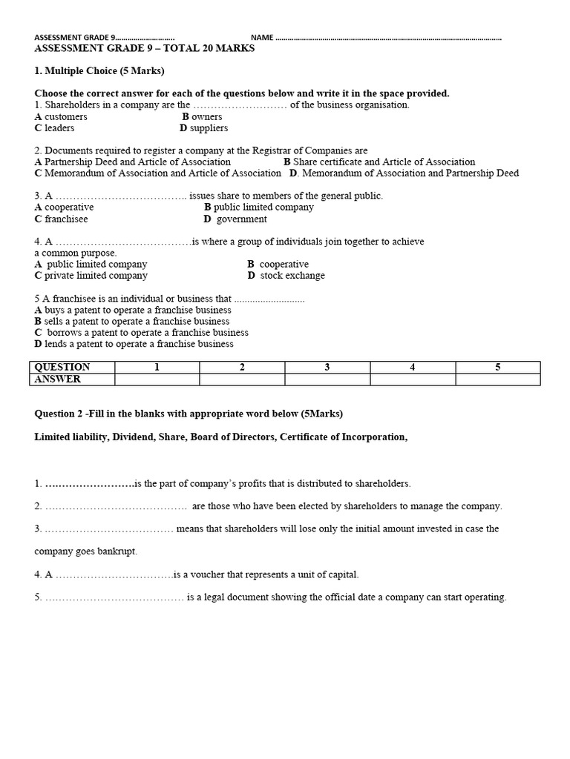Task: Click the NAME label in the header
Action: click(x=262, y=38)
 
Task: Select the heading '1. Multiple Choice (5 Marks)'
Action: click(x=99, y=71)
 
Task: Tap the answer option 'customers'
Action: click(x=65, y=116)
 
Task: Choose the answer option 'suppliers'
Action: click(x=209, y=128)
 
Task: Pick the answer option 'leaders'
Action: click(x=59, y=128)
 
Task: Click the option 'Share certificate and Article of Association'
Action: click(x=384, y=162)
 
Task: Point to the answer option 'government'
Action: click(x=241, y=219)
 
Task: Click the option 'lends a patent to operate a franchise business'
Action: click(x=139, y=344)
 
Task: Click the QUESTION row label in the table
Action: click(x=62, y=367)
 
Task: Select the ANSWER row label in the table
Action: click(x=58, y=379)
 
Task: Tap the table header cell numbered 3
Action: click(x=327, y=367)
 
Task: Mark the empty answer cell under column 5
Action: click(x=498, y=379)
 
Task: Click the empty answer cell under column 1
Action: click(x=157, y=379)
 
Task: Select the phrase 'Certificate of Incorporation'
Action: click(x=343, y=437)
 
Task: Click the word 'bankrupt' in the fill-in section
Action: click(x=117, y=551)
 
